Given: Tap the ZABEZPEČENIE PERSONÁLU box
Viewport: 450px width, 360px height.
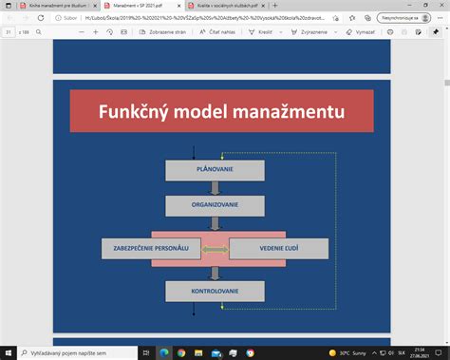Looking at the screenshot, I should [149, 249].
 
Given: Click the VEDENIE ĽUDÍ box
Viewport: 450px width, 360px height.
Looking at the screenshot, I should [279, 249].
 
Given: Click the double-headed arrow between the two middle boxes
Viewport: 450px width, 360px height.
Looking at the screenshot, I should [215, 249].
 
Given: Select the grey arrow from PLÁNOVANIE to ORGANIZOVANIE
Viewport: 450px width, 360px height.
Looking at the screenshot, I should [215, 188].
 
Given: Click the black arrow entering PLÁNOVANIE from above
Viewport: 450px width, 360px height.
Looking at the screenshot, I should [194, 152].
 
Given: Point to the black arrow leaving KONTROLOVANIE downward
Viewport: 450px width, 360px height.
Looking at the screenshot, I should [194, 308].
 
